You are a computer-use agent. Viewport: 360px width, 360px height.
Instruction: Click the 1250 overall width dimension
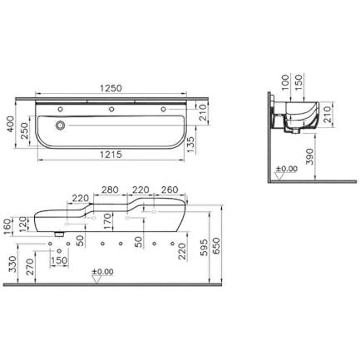coord(111,88)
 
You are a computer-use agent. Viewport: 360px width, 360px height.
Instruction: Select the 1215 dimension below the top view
coord(111,155)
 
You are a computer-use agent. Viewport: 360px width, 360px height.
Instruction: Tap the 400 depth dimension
coord(11,124)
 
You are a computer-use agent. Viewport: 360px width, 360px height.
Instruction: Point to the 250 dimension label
coord(25,131)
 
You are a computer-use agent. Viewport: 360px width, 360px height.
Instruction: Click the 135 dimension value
coord(190,144)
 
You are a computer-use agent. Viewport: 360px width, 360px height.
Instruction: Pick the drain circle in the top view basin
coord(60,126)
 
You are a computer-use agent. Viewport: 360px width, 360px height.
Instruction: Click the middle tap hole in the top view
coord(111,109)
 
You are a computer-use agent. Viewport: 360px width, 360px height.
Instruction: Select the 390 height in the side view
coord(310,156)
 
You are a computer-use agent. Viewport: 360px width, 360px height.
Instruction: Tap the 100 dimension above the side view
coord(285,81)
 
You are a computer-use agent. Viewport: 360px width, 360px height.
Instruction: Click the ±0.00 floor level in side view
coord(287,169)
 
